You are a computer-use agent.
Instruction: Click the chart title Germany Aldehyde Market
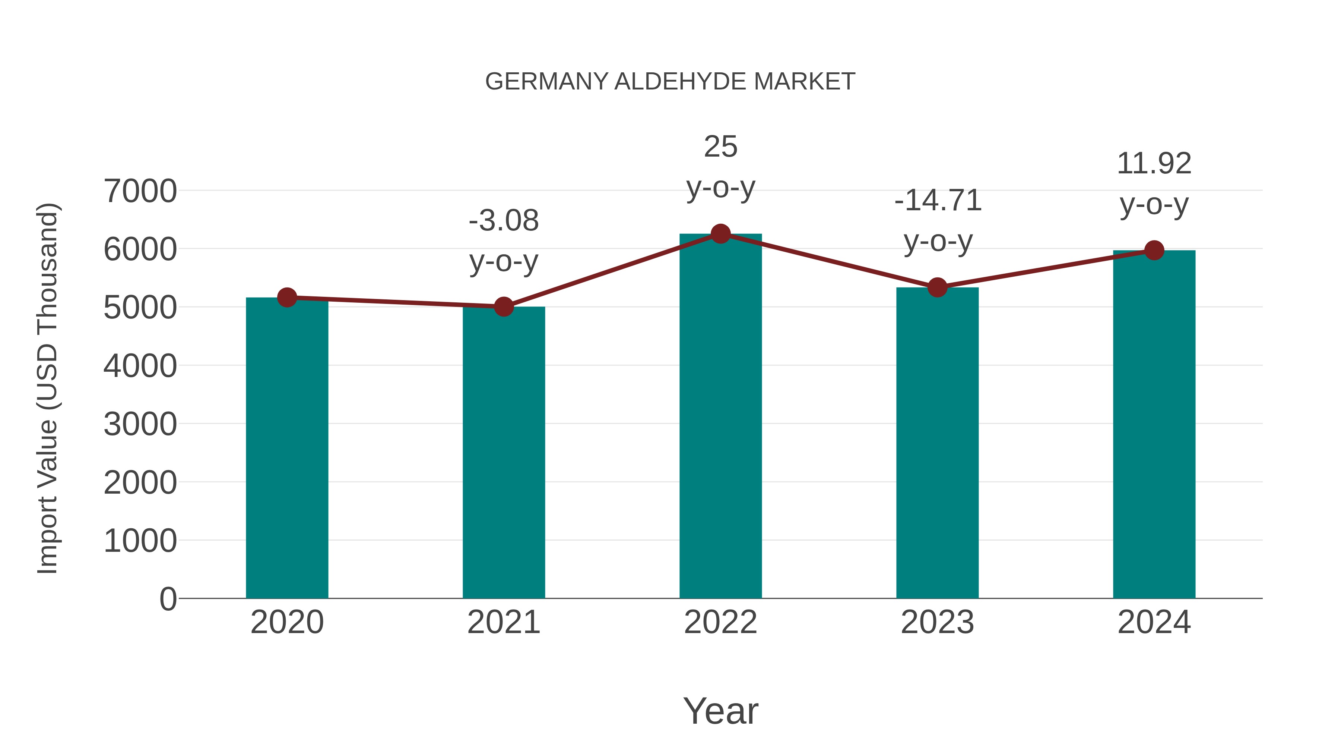pos(670,82)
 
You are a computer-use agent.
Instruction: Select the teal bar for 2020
pos(287,448)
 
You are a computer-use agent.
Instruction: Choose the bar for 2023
pos(937,443)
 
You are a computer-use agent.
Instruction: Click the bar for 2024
pos(1154,424)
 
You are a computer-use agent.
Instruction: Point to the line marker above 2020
pos(287,298)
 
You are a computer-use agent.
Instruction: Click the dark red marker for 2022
pos(720,234)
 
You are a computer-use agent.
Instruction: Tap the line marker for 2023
pos(937,287)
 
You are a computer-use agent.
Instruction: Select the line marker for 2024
pos(1154,250)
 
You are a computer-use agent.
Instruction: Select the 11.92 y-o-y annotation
pos(1154,183)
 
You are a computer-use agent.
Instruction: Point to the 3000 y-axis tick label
pos(140,424)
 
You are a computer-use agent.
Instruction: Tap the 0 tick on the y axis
pos(168,599)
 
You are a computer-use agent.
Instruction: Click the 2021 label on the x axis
pos(503,622)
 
